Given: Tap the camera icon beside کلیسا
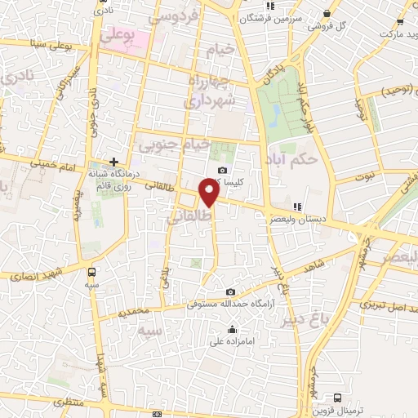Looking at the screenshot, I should point(223,171).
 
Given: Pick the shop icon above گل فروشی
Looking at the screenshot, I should point(327,14).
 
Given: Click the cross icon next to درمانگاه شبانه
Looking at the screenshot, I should point(113,162).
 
